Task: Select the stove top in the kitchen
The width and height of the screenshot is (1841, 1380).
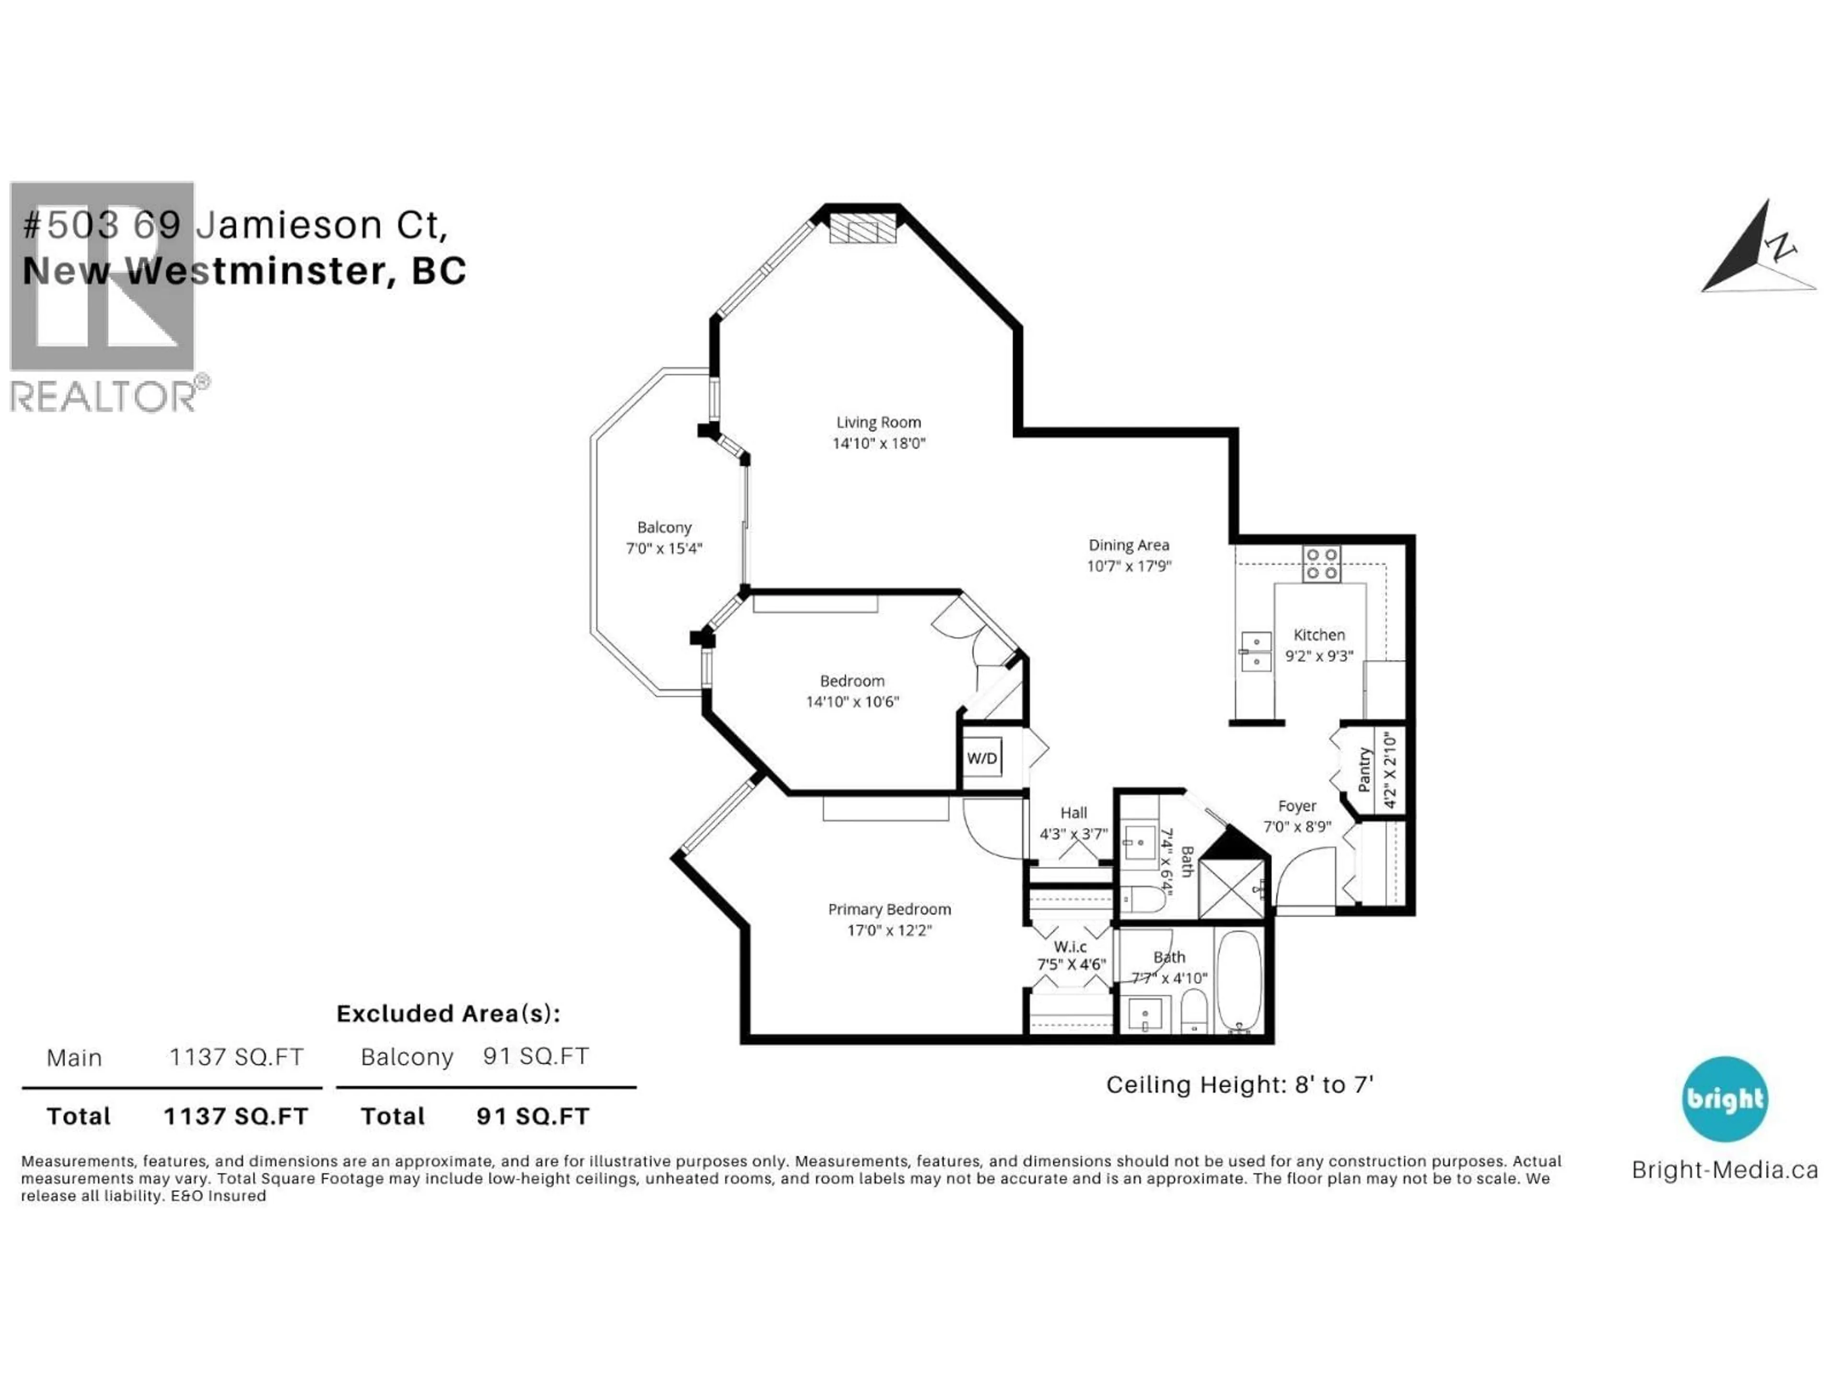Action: point(1321,564)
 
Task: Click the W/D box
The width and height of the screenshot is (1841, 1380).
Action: point(982,758)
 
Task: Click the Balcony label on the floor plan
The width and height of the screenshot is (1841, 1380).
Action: point(664,528)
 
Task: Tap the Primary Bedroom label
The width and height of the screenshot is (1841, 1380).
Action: point(889,909)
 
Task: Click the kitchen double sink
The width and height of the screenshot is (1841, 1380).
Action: point(1255,651)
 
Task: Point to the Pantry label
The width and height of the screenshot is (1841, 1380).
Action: point(1363,770)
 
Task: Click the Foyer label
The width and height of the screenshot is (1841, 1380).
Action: point(1297,806)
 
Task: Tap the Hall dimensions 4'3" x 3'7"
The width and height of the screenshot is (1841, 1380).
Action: point(1073,833)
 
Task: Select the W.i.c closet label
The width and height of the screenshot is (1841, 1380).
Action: point(1070,947)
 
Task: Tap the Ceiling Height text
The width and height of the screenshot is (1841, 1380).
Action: point(1238,1085)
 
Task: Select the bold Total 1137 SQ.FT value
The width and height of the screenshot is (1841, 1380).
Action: point(235,1116)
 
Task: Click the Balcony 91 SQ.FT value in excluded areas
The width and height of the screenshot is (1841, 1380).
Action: point(536,1057)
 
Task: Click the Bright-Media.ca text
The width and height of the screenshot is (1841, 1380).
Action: point(1724,1171)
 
